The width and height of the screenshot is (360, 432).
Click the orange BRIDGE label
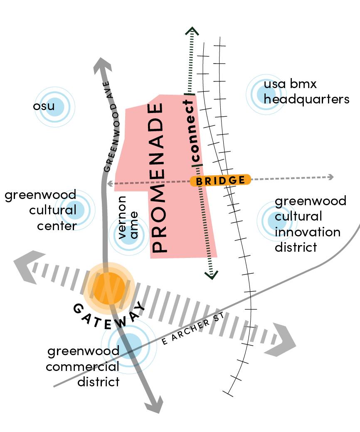(221, 180)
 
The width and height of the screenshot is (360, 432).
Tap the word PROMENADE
(159, 179)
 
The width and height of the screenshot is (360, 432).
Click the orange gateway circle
(108, 287)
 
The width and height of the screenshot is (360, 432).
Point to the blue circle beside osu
(54, 106)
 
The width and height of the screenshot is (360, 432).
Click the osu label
(44, 106)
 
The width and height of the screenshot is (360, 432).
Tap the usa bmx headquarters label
(306, 92)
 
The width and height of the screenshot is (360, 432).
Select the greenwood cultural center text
(41, 210)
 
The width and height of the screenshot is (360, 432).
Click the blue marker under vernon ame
(129, 235)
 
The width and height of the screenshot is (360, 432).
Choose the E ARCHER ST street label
(194, 328)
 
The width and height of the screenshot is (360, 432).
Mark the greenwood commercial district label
(83, 366)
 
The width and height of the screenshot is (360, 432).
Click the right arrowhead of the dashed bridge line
(331, 177)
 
